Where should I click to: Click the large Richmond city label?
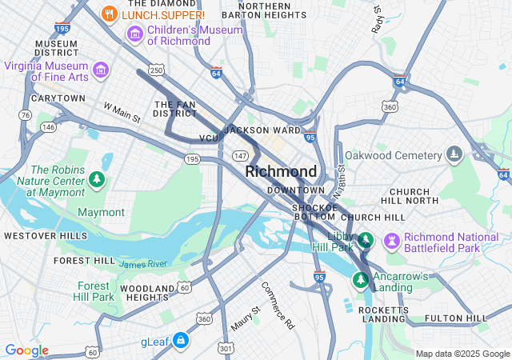281,171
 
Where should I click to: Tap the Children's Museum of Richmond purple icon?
135,34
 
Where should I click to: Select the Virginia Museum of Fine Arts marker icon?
101,71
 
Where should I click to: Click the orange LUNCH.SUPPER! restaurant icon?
110,14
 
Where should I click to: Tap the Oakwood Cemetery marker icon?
454,154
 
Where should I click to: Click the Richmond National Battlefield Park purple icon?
391,241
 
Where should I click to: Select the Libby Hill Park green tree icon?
365,240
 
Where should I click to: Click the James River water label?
143,264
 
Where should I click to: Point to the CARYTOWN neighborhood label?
58,98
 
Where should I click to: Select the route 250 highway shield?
156,71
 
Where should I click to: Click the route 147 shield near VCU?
239,154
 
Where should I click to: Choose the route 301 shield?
226,349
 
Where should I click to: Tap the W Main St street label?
122,112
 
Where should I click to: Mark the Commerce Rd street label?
278,306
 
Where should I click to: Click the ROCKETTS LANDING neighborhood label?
385,314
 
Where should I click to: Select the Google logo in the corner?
26,350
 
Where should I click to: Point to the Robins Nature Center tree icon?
96,178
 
